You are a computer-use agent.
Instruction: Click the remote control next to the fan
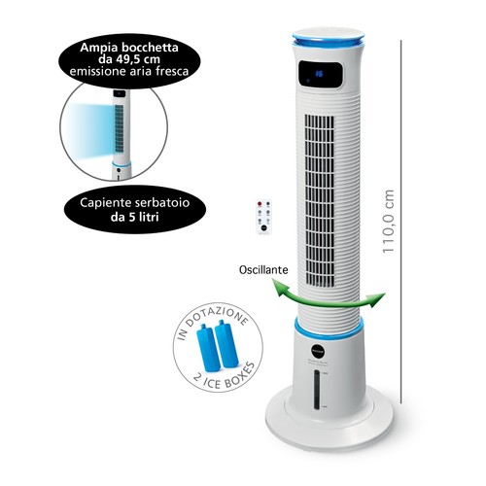point(263,217)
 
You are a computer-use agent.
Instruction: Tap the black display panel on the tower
point(320,74)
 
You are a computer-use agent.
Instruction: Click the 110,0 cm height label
point(388,222)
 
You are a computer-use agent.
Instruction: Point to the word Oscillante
point(263,269)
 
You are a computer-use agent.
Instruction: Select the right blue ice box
point(226,344)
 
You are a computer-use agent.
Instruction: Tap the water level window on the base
point(317,391)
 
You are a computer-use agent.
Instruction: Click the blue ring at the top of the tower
point(328,42)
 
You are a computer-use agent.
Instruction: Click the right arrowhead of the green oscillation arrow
point(377,298)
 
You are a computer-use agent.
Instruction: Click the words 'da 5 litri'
point(135,217)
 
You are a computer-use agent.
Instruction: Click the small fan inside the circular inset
point(121,134)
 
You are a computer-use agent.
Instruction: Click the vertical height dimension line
point(401,222)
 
